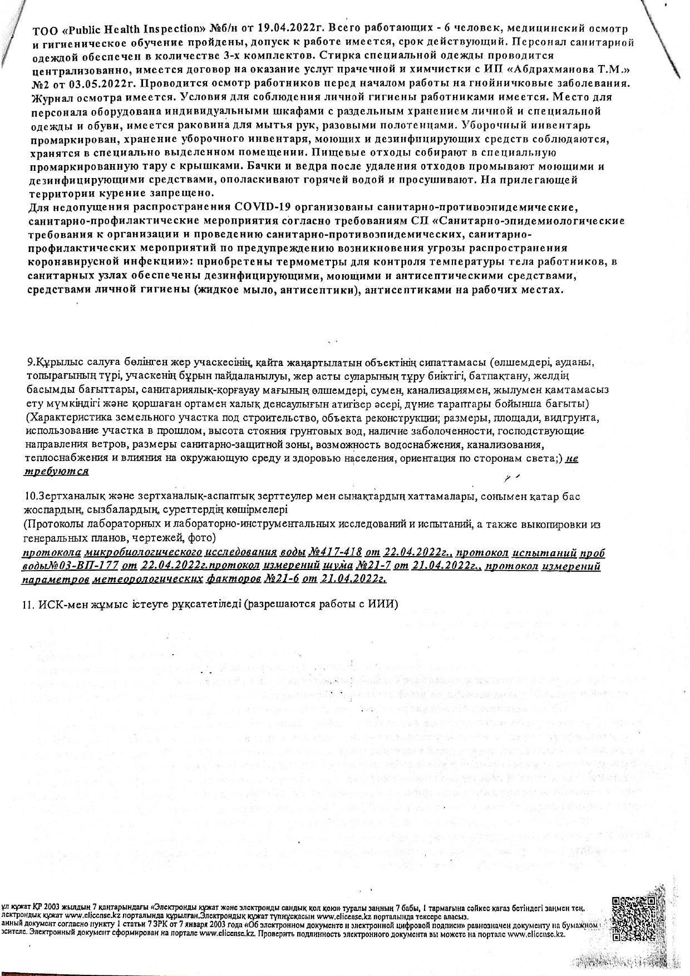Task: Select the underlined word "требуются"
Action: click(56, 471)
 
